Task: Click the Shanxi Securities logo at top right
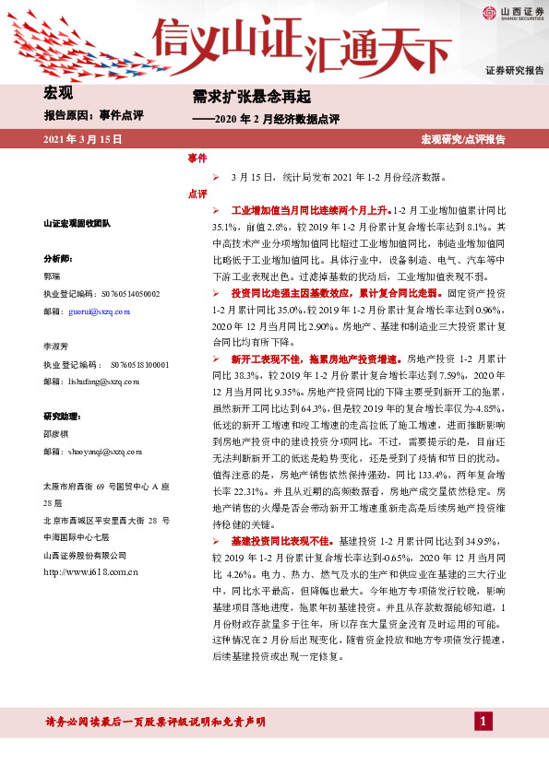pyautogui.click(x=513, y=12)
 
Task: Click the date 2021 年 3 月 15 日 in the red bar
pyautogui.click(x=83, y=139)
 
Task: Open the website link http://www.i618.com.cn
pyautogui.click(x=90, y=571)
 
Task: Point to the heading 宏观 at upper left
pyautogui.click(x=58, y=92)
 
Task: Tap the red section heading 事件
pyautogui.click(x=197, y=159)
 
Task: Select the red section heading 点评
pyautogui.click(x=197, y=194)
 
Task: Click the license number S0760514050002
pyautogui.click(x=127, y=294)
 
